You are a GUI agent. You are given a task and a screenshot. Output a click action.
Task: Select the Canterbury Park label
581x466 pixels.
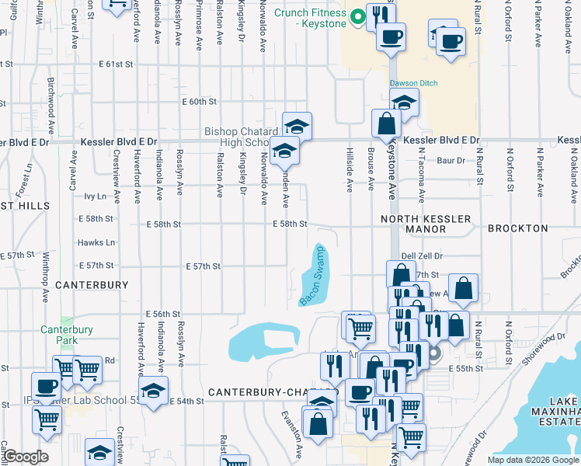click(67, 335)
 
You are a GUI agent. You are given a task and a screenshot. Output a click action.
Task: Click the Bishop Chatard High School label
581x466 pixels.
click(237, 137)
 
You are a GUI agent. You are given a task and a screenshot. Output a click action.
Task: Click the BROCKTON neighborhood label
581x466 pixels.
click(517, 229)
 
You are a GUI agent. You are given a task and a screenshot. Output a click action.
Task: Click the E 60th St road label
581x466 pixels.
click(199, 102)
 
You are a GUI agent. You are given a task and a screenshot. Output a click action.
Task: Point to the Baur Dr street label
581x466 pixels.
click(451, 161)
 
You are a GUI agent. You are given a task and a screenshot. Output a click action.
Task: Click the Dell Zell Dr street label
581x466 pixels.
click(422, 256)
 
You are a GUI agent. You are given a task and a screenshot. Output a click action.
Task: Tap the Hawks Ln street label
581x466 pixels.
click(96, 242)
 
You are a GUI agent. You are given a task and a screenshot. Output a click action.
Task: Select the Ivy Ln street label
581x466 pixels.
click(95, 197)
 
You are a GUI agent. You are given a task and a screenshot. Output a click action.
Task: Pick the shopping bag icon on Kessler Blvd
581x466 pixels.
click(386, 123)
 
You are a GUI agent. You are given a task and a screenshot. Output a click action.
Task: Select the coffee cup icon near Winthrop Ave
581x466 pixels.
click(45, 385)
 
